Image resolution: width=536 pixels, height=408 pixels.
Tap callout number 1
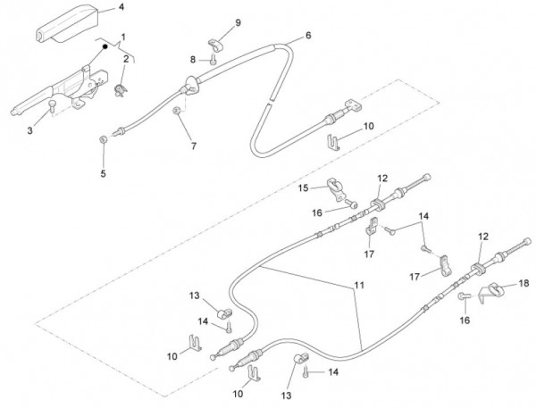122,36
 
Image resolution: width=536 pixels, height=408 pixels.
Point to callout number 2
127,59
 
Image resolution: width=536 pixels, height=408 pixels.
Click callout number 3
29,131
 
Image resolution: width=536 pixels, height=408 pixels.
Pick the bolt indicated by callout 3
53,108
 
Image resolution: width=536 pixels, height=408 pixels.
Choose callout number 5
103,173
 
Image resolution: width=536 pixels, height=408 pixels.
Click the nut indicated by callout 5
105,139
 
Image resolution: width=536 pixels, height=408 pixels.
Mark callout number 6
307,36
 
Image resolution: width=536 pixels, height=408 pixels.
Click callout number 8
191,59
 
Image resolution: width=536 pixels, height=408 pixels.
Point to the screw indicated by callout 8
213,60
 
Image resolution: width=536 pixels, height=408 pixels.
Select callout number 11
359,286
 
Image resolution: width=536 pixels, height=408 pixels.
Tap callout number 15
303,187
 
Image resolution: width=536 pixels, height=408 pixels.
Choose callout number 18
524,282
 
